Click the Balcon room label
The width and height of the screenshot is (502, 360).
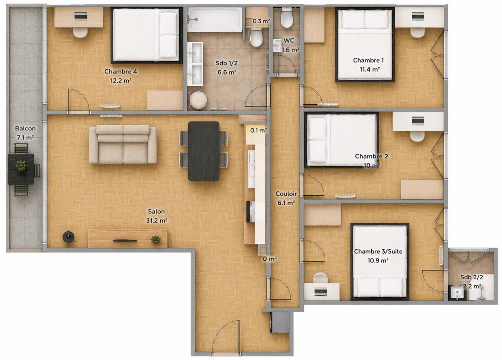click(x=25, y=128)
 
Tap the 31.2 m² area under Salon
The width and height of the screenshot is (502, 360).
click(x=157, y=221)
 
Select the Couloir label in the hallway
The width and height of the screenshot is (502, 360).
click(x=286, y=194)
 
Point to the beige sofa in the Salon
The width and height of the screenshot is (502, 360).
click(x=123, y=145)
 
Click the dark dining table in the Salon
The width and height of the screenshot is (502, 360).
click(x=204, y=151)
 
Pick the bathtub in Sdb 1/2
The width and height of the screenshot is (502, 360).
click(x=215, y=19)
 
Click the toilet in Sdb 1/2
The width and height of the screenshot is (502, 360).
click(x=256, y=37)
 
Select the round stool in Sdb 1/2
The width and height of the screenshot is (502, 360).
click(x=198, y=100)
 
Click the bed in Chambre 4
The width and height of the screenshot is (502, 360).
click(x=147, y=35)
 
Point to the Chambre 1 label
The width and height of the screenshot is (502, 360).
click(x=369, y=60)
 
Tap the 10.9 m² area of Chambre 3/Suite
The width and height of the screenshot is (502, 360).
click(x=378, y=260)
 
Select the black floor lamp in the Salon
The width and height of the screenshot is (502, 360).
click(x=68, y=237)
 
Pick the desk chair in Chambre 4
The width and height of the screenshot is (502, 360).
click(x=80, y=32)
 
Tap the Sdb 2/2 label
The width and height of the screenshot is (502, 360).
click(x=472, y=277)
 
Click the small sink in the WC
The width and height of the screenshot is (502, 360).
click(x=277, y=45)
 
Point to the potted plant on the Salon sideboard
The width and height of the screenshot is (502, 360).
click(x=156, y=240)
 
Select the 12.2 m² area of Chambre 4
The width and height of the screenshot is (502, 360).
click(x=120, y=80)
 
